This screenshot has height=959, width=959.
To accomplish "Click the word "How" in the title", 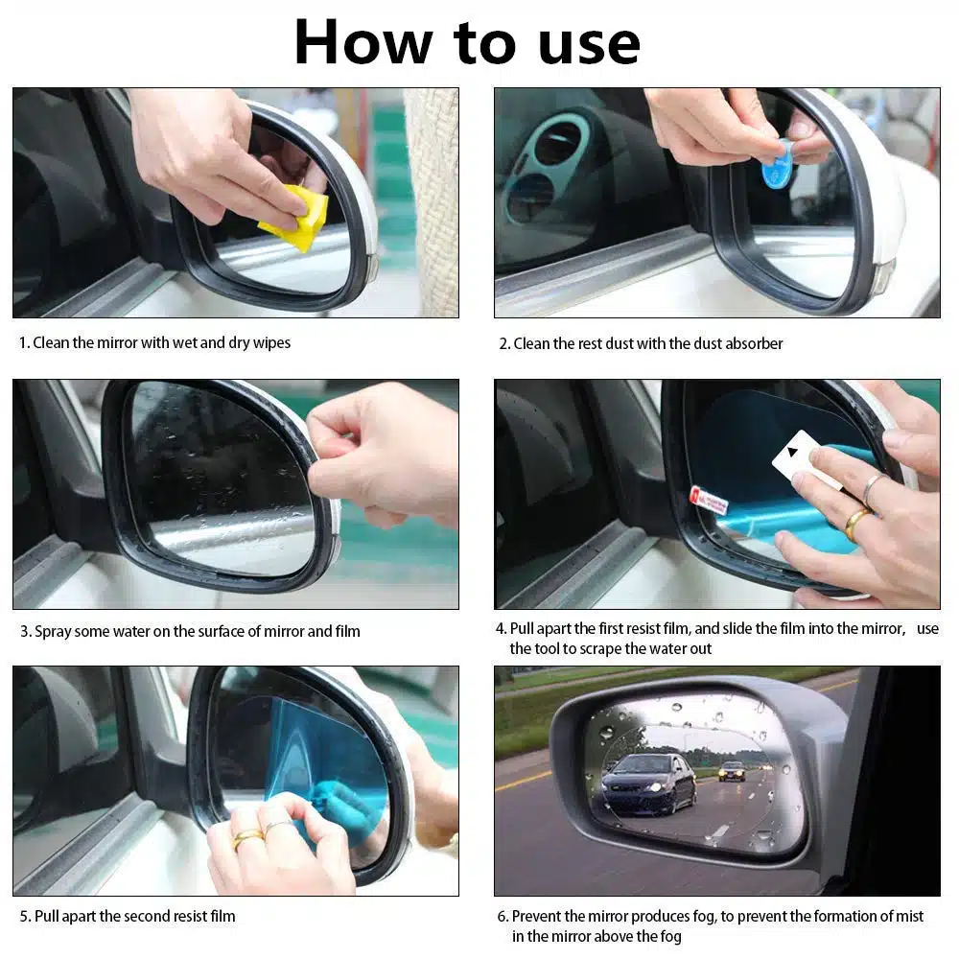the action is (x=363, y=42).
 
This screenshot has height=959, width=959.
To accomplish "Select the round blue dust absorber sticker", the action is (x=777, y=164).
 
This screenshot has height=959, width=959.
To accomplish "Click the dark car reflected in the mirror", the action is (x=648, y=784).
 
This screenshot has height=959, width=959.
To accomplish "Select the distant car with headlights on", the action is (x=732, y=771).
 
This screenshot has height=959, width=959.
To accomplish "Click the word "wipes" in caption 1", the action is (x=271, y=343).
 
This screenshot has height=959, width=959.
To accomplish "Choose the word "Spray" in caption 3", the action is (x=54, y=632).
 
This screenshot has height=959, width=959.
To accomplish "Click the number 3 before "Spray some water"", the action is (x=25, y=631).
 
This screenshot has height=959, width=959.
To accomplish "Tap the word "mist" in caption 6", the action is (x=909, y=916).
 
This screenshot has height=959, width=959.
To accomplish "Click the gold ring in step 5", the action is (x=246, y=838).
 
